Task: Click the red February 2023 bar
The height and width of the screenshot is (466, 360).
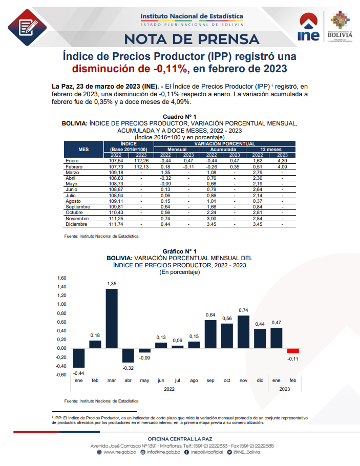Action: click(x=293, y=351)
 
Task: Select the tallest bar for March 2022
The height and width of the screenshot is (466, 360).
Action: click(x=112, y=319)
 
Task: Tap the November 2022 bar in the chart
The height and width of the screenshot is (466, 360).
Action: click(x=243, y=332)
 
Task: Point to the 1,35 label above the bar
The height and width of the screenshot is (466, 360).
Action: click(x=112, y=284)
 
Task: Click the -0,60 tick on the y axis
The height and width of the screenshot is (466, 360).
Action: click(x=61, y=375)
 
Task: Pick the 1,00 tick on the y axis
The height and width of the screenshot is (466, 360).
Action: click(x=62, y=304)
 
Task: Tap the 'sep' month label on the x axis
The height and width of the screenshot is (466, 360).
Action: click(x=210, y=380)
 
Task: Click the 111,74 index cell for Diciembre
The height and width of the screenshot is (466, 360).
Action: click(x=116, y=224)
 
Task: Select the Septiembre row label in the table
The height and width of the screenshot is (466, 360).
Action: click(x=78, y=207)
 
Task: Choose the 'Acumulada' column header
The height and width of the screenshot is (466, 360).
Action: click(x=223, y=150)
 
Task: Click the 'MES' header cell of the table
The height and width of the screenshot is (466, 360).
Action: click(x=83, y=149)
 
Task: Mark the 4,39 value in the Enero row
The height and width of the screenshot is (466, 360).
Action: click(x=282, y=160)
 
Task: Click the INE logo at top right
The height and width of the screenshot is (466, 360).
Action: click(x=308, y=27)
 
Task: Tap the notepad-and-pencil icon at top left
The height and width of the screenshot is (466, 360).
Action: click(x=27, y=27)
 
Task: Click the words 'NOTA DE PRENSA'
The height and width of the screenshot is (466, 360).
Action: click(x=192, y=39)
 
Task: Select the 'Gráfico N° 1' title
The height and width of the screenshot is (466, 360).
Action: click(x=180, y=251)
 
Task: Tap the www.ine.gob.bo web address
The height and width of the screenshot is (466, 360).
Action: click(x=117, y=452)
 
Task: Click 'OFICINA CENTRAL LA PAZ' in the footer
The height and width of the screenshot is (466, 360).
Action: click(x=180, y=439)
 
